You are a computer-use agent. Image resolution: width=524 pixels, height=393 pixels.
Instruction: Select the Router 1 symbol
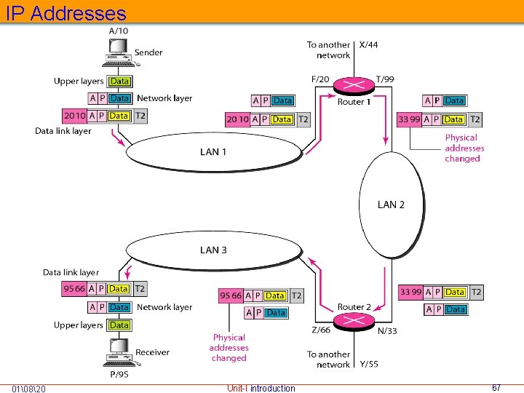pos(354,86)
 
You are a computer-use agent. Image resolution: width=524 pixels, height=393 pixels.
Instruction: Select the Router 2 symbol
pos(354,322)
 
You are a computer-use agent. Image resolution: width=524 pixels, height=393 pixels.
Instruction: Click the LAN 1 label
pos(213,152)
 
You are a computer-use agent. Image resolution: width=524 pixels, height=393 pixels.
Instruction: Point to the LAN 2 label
pos(391,205)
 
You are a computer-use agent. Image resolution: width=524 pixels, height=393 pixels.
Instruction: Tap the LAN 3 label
pos(213,250)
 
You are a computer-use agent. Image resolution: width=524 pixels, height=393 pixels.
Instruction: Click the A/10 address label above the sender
pos(118,31)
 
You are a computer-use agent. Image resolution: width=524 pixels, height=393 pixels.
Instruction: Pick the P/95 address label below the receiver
pos(118,376)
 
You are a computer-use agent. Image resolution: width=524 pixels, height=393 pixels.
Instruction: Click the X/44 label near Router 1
pos(369,45)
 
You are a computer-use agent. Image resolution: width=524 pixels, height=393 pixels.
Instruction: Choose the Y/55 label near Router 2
pos(368,363)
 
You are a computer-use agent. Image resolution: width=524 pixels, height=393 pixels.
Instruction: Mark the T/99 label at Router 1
pos(386,78)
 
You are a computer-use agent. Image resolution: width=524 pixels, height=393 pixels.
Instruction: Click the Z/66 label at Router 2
pos(321,330)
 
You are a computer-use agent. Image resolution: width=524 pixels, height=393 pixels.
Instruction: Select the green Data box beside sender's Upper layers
pos(119,82)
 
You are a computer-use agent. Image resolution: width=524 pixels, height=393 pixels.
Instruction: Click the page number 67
pos(496,388)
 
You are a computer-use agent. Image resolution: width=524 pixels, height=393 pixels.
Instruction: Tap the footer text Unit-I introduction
pos(261,388)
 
